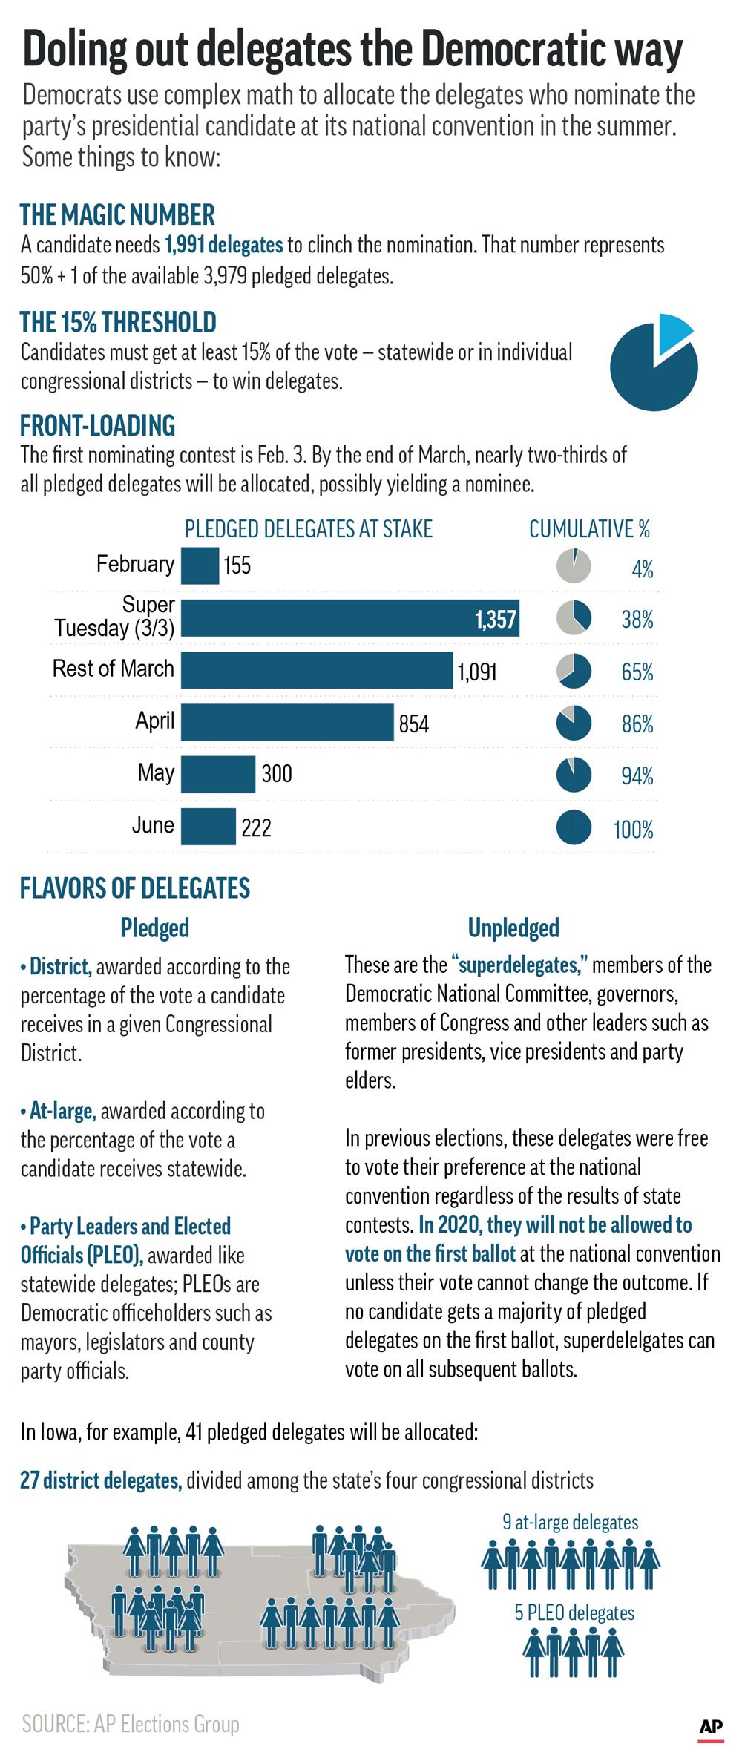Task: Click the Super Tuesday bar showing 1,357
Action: click(x=349, y=618)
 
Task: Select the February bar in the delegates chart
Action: click(x=200, y=565)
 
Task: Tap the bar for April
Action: click(x=286, y=722)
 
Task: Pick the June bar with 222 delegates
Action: click(x=208, y=826)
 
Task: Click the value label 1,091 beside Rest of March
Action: click(x=477, y=672)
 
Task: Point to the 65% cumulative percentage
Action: click(x=637, y=672)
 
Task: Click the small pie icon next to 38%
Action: click(x=574, y=617)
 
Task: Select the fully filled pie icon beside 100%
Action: click(x=574, y=827)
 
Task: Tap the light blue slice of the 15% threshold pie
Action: click(x=672, y=330)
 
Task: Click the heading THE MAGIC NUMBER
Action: click(x=117, y=214)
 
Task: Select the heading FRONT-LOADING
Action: click(x=97, y=425)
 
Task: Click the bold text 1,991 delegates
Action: click(x=223, y=245)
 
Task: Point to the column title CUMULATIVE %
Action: click(x=589, y=529)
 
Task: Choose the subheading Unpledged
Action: click(x=513, y=928)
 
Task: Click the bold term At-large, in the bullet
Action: click(x=62, y=1111)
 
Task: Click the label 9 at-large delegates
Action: click(x=570, y=1522)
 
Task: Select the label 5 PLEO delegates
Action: click(x=574, y=1613)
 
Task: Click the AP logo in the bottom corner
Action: click(x=710, y=1726)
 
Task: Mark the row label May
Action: click(x=156, y=772)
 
